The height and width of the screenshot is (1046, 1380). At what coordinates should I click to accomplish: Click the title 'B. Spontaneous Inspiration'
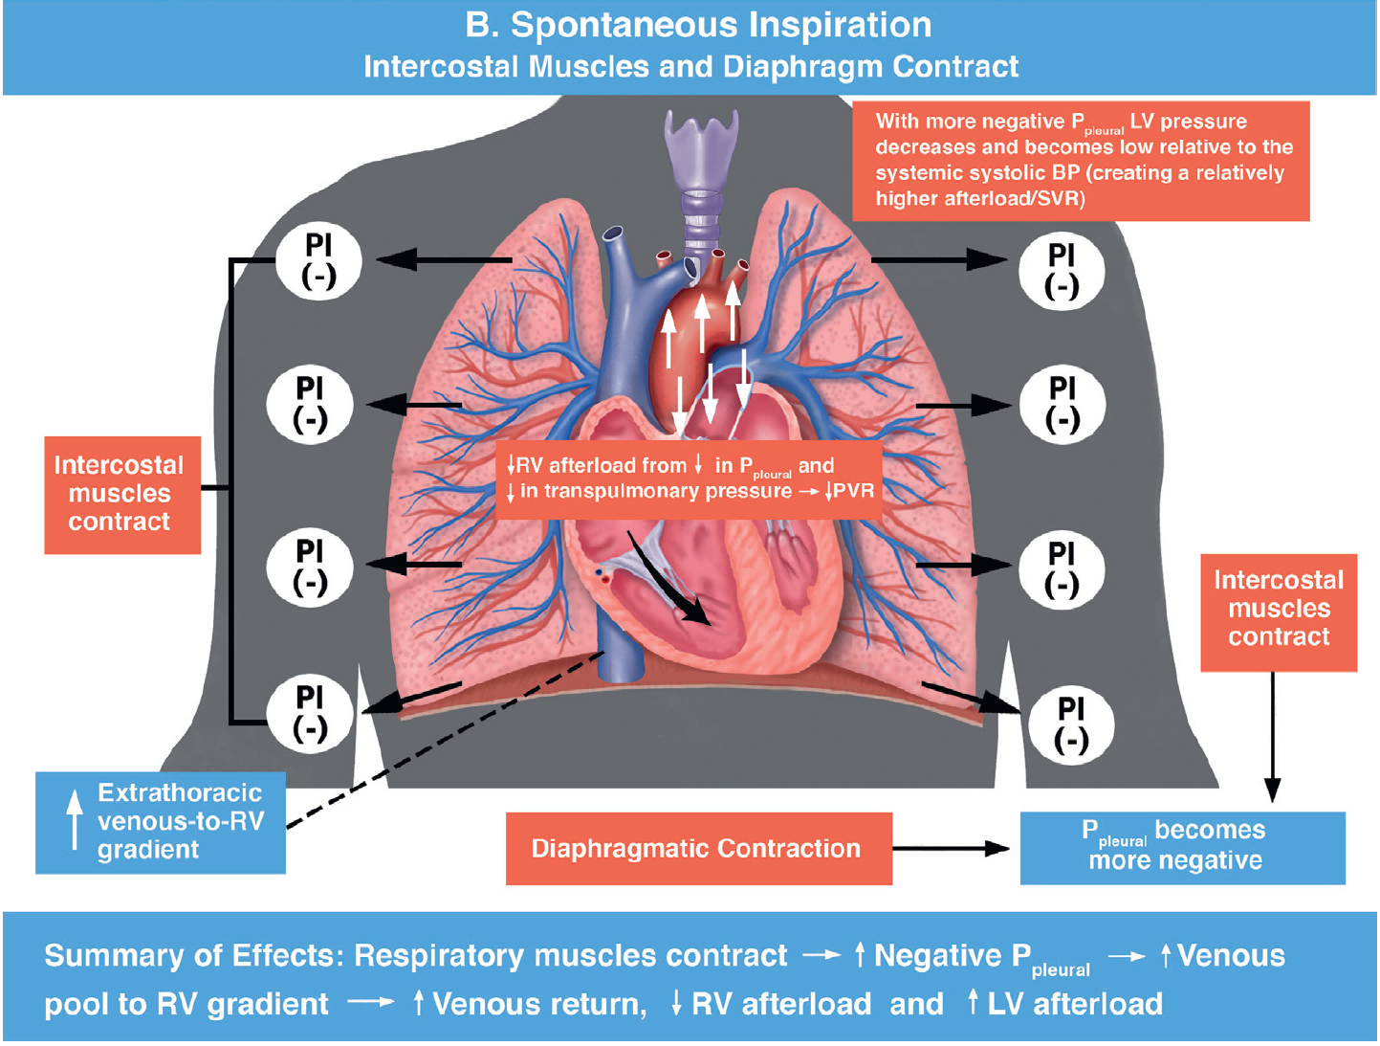[698, 26]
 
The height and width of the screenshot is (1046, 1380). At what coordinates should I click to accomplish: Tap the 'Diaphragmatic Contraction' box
[698, 849]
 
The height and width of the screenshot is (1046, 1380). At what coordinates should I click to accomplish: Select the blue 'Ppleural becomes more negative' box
[1182, 847]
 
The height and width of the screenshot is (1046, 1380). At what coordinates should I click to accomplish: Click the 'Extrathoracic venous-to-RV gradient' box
[161, 822]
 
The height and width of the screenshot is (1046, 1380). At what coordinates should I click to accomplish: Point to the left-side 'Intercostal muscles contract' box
[121, 494]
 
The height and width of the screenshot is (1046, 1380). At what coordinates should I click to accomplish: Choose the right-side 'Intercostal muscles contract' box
[1279, 610]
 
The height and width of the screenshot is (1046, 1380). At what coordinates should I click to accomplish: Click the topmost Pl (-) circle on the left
[318, 260]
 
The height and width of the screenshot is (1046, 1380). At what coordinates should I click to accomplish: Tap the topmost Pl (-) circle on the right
[1062, 271]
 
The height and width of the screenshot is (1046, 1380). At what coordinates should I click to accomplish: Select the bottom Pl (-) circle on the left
[310, 713]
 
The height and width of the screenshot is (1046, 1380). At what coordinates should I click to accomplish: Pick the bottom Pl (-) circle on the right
[1071, 724]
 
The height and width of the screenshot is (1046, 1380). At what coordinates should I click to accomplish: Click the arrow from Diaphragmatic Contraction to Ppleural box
[952, 848]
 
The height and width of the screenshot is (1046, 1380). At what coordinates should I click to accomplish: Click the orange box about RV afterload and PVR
[689, 478]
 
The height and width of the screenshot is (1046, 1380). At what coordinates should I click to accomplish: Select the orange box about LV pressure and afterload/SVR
[1081, 160]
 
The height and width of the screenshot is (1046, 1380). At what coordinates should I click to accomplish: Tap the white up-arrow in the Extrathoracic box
[75, 819]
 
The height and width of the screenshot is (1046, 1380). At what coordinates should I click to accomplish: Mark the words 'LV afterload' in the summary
[1076, 1004]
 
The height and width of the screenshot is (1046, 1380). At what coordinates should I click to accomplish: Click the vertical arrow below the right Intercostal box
[1272, 737]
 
